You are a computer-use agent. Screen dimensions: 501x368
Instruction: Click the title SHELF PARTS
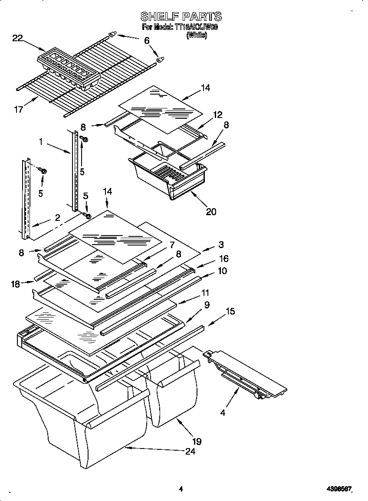coord(181,16)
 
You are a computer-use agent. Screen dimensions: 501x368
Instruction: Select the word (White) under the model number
coord(197,36)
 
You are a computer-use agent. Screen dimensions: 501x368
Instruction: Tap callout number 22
coord(17,38)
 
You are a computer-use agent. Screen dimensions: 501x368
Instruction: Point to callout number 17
coord(19,109)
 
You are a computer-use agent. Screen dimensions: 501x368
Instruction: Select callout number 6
coord(147,40)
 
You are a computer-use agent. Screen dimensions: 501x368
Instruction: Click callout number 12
coord(217,115)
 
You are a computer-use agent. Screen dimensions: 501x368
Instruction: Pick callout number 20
coord(211,211)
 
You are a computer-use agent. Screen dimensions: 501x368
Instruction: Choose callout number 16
coord(223,259)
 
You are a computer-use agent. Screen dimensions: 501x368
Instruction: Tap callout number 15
coord(230,311)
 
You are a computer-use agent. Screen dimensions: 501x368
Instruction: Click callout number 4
coord(223,413)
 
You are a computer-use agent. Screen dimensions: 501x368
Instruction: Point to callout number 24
coord(190,451)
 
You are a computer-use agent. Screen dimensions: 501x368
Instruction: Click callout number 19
coord(197,442)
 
